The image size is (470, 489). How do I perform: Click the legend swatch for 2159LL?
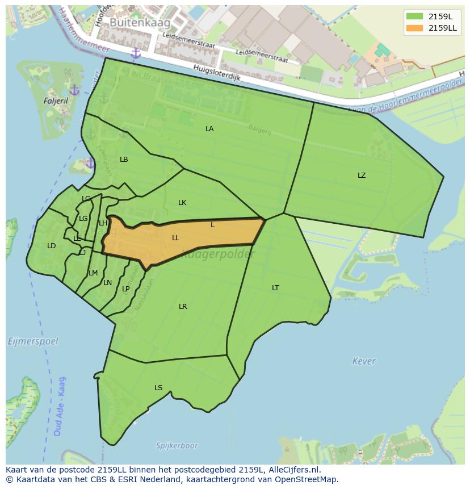(x=414, y=28)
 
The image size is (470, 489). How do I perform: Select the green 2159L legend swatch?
(x=414, y=16)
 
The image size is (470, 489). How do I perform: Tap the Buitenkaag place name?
(x=132, y=22)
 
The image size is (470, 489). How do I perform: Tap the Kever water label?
(x=363, y=361)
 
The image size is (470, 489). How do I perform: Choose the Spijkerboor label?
(x=178, y=446)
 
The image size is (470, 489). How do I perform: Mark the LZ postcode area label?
(x=362, y=175)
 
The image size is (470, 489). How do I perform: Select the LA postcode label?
(x=209, y=129)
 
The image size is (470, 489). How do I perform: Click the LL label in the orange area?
(x=175, y=238)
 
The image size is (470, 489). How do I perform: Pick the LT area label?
(x=275, y=288)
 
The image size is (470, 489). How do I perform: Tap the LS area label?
(x=158, y=388)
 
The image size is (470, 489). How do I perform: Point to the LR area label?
(x=183, y=307)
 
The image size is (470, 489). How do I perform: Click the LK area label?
(x=182, y=203)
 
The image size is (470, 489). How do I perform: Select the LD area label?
(x=51, y=246)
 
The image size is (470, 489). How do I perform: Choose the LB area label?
(x=124, y=160)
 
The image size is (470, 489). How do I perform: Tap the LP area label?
(x=126, y=289)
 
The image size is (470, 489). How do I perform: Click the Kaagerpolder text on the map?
(x=219, y=255)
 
